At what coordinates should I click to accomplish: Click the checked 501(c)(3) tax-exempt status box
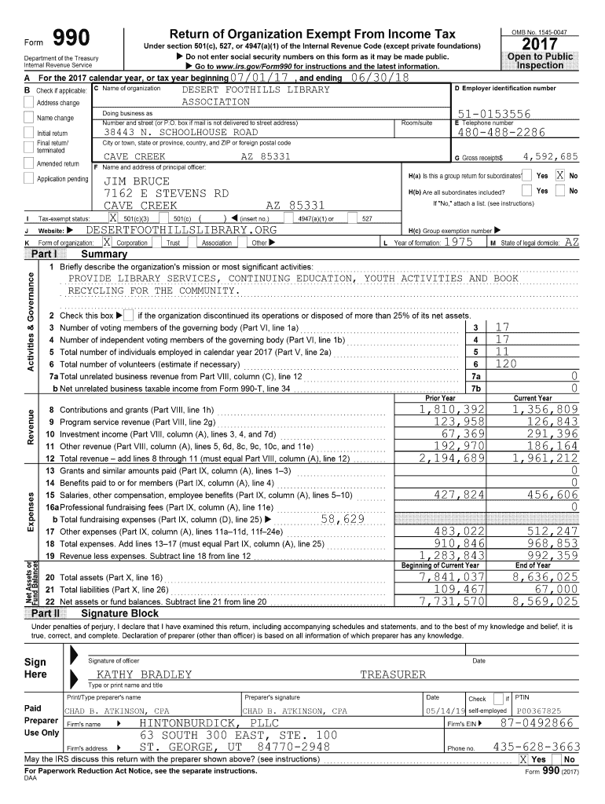point(114,217)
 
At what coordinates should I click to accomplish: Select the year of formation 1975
point(457,243)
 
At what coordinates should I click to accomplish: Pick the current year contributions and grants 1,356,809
point(545,409)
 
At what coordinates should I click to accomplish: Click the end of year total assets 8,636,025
point(545,577)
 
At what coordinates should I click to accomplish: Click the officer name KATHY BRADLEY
point(144,674)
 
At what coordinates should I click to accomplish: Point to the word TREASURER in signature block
point(393,674)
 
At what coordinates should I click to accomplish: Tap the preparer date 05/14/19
point(442,711)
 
